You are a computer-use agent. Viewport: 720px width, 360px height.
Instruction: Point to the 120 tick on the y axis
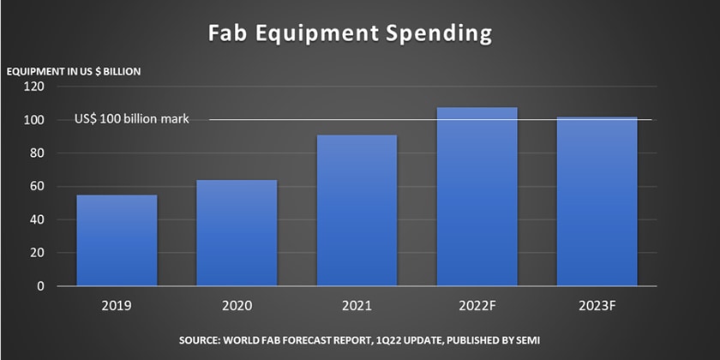[34, 87]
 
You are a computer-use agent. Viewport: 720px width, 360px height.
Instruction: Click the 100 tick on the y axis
[34, 120]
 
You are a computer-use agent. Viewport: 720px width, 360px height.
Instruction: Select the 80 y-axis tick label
[37, 153]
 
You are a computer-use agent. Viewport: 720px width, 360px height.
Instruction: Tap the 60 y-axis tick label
[37, 187]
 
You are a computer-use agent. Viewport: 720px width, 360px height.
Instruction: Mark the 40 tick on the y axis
[37, 220]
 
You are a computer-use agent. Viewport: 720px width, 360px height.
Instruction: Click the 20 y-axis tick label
[37, 254]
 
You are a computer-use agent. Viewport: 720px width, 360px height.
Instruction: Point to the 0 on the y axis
[40, 286]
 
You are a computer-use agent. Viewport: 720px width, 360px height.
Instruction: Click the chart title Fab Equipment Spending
[351, 34]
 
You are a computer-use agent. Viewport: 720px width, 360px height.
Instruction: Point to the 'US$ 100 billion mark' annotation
[131, 119]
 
